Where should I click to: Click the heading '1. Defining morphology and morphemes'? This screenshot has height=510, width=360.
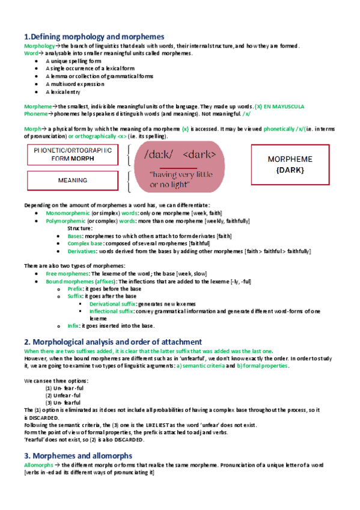[x=94, y=37]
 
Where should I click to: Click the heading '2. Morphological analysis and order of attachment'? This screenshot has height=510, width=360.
[x=112, y=342]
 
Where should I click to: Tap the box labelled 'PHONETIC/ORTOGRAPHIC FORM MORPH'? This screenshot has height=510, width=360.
[x=72, y=155]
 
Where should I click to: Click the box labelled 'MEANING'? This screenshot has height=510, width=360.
[x=72, y=180]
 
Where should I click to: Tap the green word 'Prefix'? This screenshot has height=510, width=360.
[x=75, y=289]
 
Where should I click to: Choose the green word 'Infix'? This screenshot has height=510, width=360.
[x=73, y=326]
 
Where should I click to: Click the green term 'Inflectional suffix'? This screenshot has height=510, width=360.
[x=114, y=311]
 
